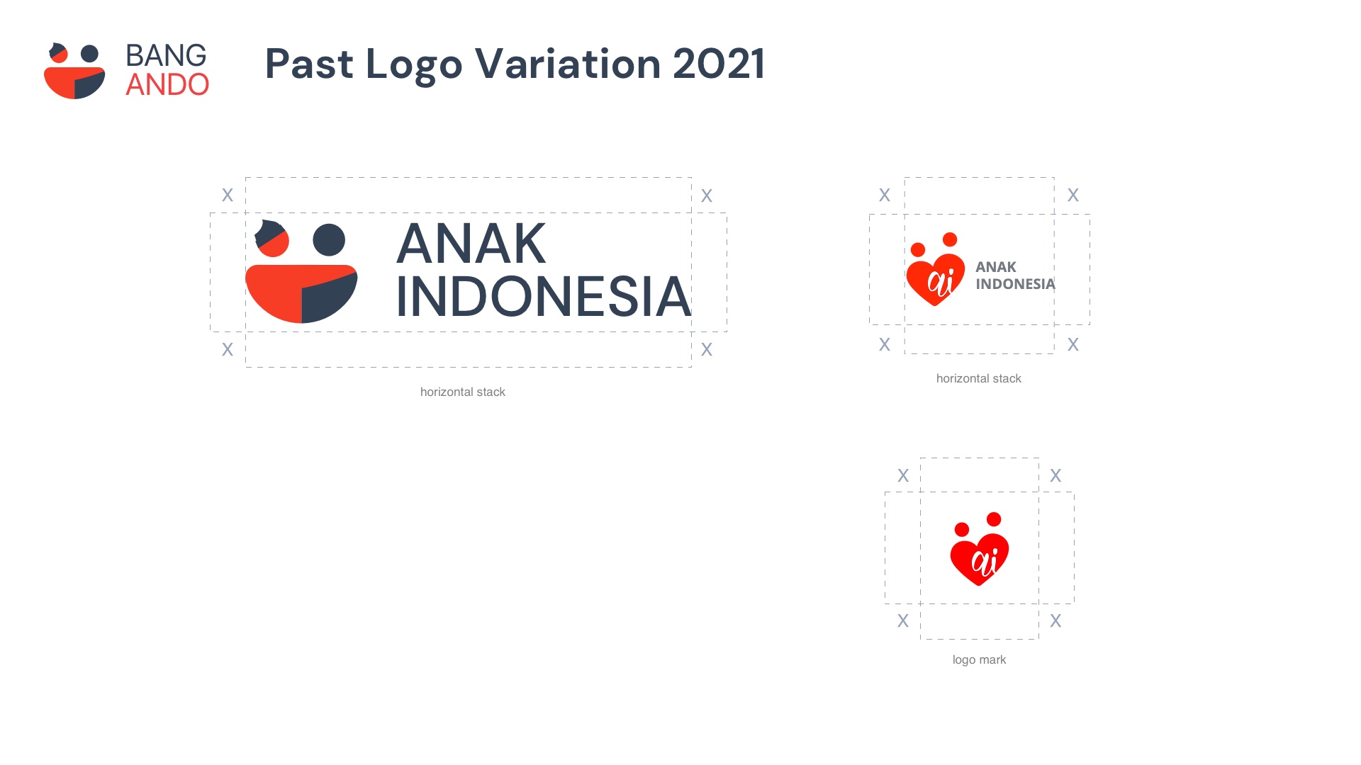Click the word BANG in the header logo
[166, 55]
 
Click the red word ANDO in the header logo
[167, 85]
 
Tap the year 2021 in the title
[719, 64]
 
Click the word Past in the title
[309, 64]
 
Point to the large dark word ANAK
[471, 244]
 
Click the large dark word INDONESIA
[543, 297]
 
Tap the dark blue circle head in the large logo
[329, 240]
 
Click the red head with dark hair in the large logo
[272, 239]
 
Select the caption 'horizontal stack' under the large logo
[462, 392]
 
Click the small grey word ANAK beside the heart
[995, 267]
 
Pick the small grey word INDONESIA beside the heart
[1015, 284]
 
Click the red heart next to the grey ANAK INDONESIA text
[936, 280]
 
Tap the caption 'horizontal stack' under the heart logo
[978, 378]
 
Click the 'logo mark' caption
[979, 659]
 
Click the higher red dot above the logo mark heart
[994, 519]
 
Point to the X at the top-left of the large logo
[228, 195]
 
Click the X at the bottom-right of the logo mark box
[1055, 620]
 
